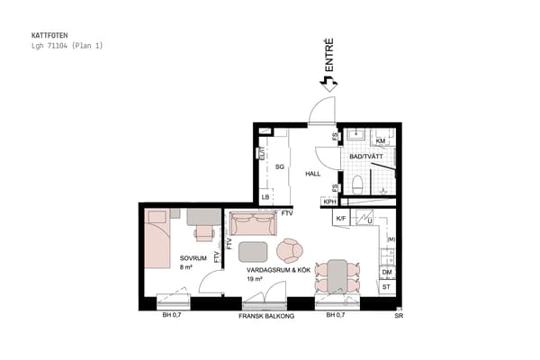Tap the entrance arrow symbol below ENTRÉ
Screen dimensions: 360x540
click(x=328, y=82)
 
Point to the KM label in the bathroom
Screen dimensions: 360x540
click(x=381, y=141)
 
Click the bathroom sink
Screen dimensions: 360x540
click(x=356, y=138)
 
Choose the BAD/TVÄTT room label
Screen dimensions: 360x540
click(x=366, y=157)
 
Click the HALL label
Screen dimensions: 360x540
click(x=313, y=174)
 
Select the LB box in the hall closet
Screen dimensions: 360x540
click(x=266, y=197)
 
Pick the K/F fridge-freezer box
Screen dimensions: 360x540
click(x=342, y=219)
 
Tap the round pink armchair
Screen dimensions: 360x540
click(x=292, y=249)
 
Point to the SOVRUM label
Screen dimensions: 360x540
click(x=193, y=257)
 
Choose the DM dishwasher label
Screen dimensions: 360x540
click(x=387, y=272)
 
